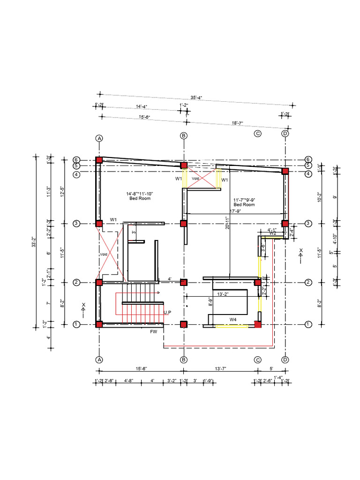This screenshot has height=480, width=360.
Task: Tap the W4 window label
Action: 233,319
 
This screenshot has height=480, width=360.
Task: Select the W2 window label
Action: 273,233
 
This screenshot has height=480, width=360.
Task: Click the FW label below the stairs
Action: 153,332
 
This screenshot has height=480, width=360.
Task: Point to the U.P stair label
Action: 167,312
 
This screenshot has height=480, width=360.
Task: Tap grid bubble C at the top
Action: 257,134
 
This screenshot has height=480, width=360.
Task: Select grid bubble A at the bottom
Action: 99,360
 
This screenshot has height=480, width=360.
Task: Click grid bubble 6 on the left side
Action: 77,159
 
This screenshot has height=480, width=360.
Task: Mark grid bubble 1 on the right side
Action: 308,324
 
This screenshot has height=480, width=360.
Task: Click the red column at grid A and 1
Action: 99,324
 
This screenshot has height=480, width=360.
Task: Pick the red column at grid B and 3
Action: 184,224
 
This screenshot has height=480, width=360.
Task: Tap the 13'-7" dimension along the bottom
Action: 219,369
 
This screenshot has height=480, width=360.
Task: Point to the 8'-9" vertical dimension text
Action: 210,303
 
